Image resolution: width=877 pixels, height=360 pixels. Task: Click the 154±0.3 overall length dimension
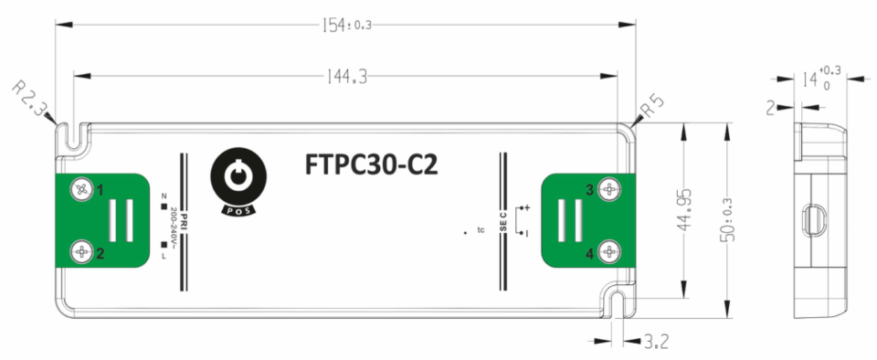click(345, 25)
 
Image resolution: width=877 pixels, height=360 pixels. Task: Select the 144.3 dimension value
click(344, 79)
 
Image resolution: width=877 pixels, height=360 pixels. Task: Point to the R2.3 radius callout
click(31, 100)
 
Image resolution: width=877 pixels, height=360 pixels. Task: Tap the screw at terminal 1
click(82, 189)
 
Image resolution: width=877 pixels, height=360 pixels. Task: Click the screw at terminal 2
click(82, 251)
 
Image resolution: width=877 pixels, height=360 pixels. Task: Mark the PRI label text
click(184, 220)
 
